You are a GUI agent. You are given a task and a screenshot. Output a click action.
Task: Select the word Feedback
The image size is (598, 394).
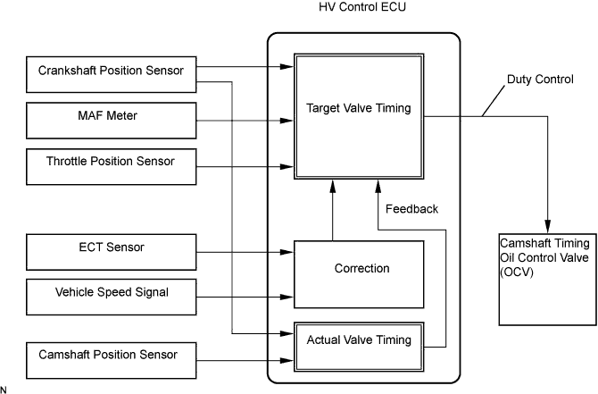tap(411, 209)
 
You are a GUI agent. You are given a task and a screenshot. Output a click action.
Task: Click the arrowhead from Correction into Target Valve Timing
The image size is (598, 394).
tap(333, 184)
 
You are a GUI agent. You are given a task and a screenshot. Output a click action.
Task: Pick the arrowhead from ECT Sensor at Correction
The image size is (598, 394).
tap(288, 255)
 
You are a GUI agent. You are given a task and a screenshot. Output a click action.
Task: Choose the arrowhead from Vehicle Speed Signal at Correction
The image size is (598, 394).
tap(288, 297)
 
